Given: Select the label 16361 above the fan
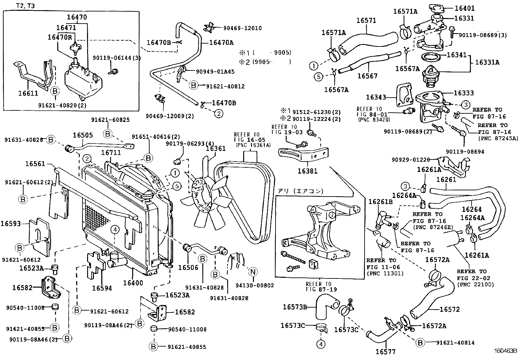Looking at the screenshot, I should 216,148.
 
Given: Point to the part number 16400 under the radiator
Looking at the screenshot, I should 133,282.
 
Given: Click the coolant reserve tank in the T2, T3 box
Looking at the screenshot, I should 82,82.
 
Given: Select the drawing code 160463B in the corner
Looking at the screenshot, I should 505,351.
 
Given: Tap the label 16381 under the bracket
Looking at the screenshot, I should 308,171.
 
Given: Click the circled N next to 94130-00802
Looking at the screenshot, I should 252,271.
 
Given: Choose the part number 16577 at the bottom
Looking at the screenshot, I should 385,352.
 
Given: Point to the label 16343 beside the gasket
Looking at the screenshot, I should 376,97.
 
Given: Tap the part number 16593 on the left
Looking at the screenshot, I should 10,224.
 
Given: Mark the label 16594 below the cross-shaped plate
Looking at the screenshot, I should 102,288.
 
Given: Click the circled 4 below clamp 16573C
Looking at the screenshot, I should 321,344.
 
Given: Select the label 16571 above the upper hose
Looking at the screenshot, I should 366,20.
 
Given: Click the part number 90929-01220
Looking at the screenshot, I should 411,160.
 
